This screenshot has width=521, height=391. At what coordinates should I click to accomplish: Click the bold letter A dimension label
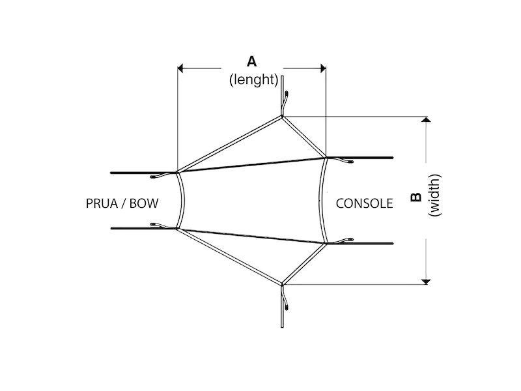click(251, 61)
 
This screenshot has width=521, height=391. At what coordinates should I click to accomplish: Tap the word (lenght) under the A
click(253, 80)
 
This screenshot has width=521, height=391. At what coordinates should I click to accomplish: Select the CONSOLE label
click(364, 203)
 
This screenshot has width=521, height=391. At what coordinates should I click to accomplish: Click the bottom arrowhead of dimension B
click(426, 280)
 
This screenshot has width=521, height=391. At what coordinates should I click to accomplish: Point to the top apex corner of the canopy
click(283, 117)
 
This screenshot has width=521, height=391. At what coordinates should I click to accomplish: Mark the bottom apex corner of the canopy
click(283, 284)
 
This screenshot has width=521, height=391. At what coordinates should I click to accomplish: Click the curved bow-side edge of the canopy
click(185, 201)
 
